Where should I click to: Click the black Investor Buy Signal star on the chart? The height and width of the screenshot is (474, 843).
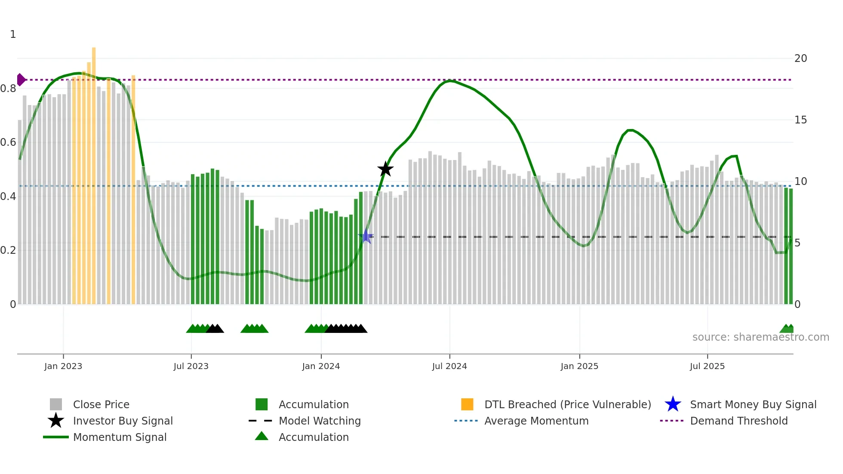(385, 169)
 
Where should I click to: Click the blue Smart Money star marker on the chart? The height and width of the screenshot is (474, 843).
(366, 237)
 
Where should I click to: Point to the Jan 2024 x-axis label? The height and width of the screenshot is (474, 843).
(321, 366)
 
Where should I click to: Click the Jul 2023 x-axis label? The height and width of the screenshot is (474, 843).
(191, 366)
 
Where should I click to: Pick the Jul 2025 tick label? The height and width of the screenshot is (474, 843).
(707, 366)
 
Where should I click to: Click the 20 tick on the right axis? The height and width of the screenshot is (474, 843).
(800, 58)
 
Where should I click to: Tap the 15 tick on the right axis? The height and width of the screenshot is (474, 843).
(800, 120)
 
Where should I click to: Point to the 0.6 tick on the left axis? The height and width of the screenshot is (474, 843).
(9, 142)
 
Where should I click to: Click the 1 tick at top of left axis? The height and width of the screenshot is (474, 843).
(13, 34)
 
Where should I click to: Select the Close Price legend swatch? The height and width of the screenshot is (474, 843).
(56, 404)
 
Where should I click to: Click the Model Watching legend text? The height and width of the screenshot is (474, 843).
(320, 421)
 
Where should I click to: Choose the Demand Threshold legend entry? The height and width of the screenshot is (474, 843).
(738, 421)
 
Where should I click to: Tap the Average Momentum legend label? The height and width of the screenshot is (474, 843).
(536, 421)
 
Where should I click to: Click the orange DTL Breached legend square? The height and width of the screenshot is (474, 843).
(467, 404)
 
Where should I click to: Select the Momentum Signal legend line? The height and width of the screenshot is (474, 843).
(56, 437)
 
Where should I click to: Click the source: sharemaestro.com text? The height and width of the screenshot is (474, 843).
(760, 337)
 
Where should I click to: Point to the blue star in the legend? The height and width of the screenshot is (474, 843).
(673, 404)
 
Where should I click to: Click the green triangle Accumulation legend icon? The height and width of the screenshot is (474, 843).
(262, 437)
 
